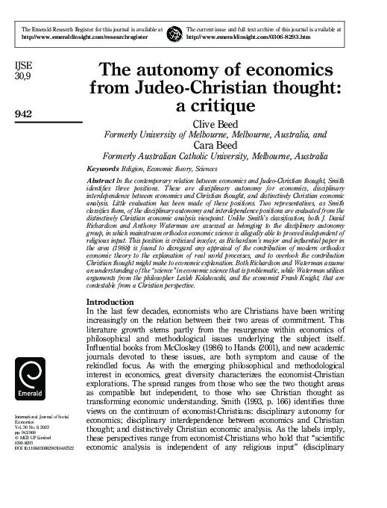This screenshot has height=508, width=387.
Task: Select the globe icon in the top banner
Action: (x=174, y=33)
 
